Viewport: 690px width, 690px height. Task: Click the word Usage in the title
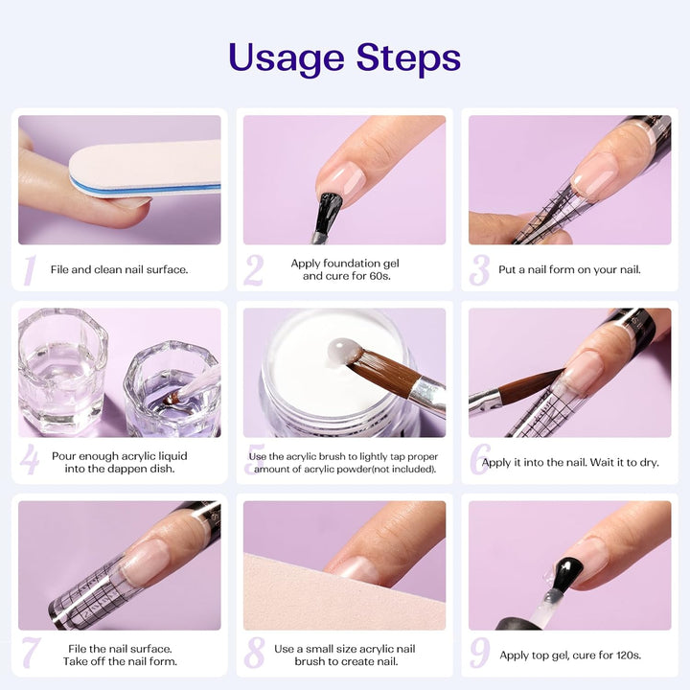[x=287, y=58]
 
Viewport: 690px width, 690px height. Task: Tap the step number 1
[x=29, y=270]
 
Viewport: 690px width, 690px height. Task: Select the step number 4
[x=30, y=461]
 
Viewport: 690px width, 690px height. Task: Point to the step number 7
[x=30, y=653]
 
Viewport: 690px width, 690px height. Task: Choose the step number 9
[x=479, y=653]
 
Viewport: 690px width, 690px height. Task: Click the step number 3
[x=479, y=270]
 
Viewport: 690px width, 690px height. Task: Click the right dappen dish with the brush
[x=172, y=387]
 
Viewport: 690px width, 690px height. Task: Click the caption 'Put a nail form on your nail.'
[x=569, y=270]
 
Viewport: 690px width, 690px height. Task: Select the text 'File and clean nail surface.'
[x=119, y=270]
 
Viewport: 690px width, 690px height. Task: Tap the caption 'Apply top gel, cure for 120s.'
[x=569, y=656]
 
